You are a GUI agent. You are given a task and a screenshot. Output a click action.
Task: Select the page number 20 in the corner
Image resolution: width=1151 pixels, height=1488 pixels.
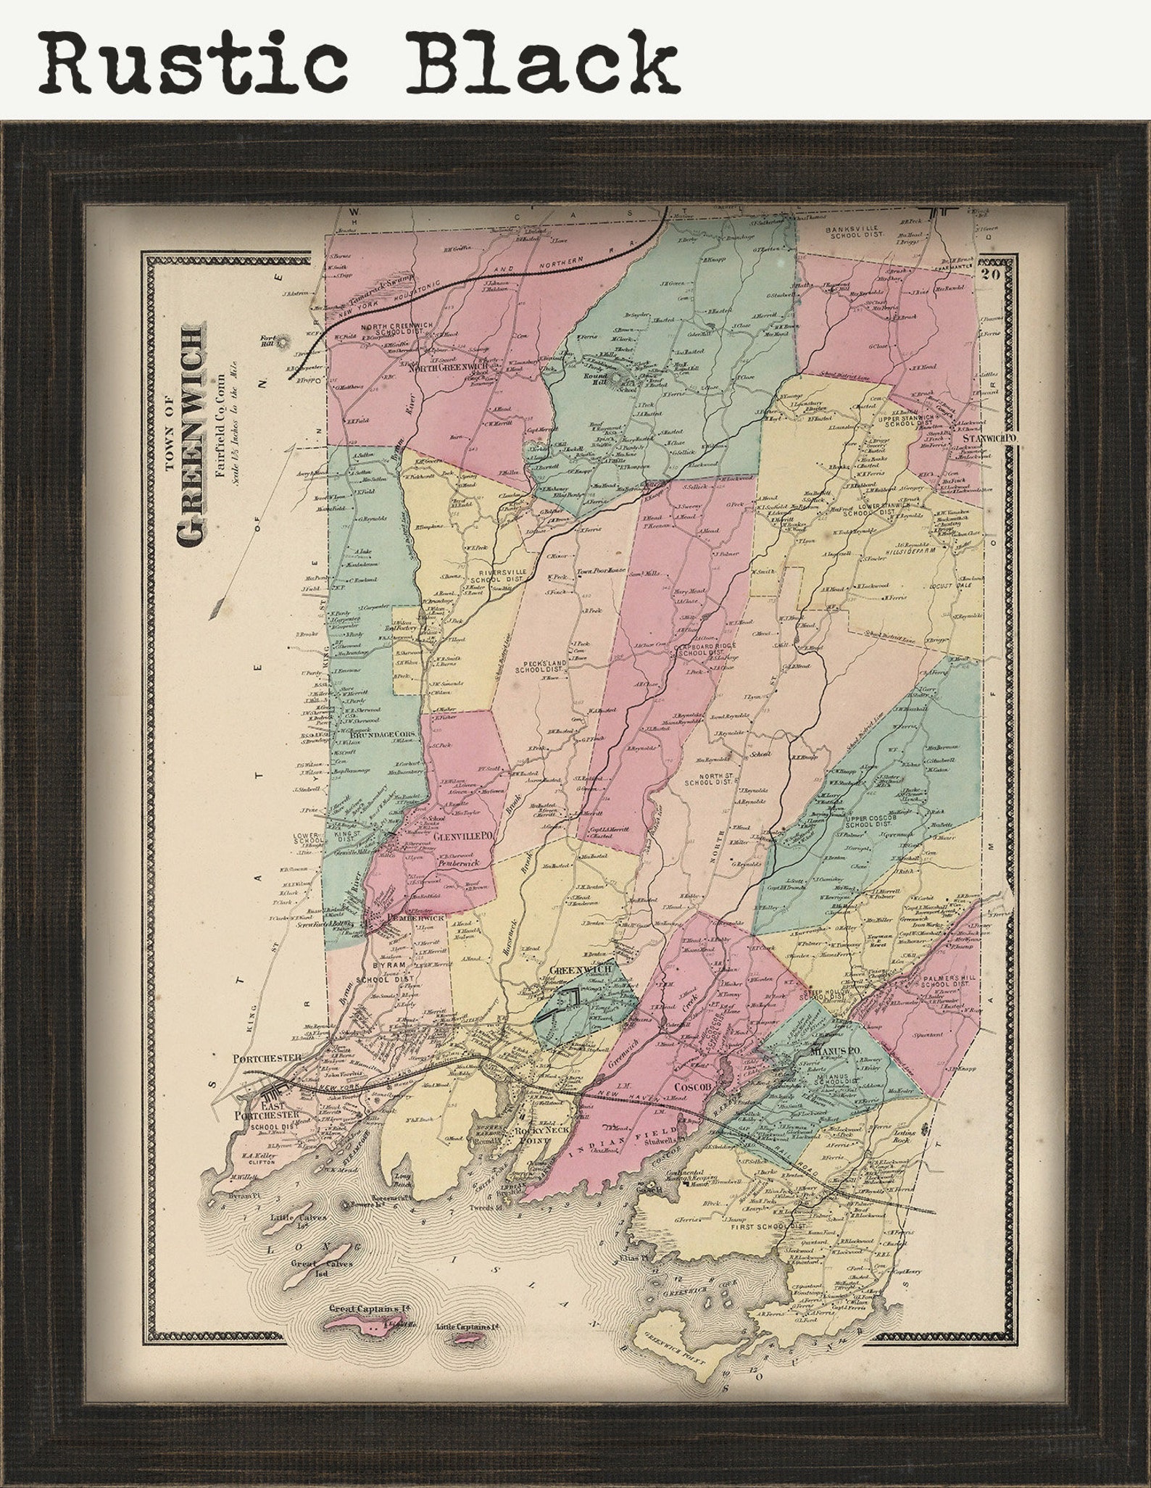(x=991, y=274)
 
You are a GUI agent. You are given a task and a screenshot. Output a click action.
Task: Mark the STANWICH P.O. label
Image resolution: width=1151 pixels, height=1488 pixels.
(x=990, y=439)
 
